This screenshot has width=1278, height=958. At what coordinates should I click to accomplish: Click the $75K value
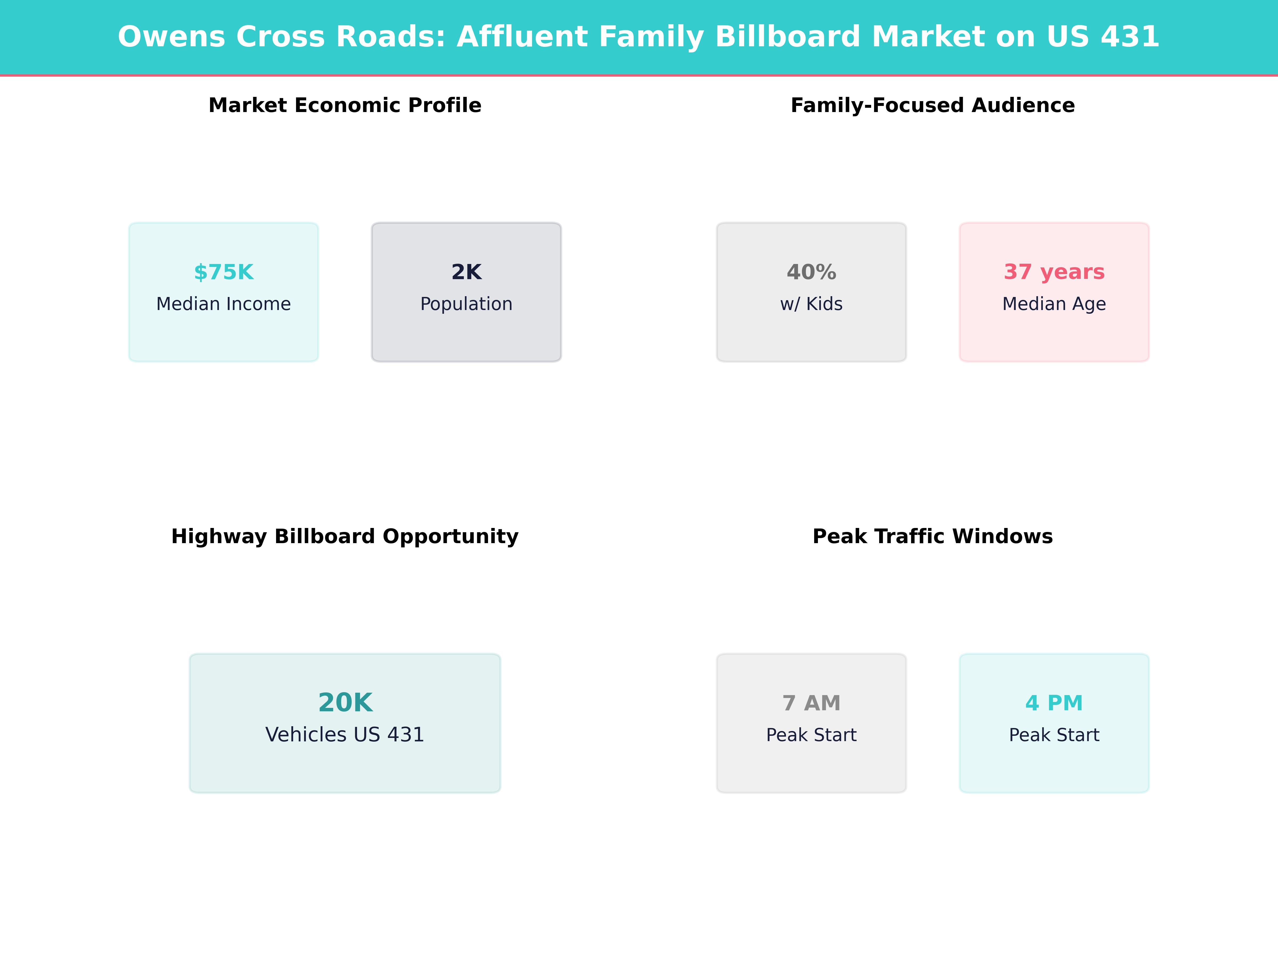pos(224,272)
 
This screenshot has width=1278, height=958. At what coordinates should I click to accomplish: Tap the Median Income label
pos(224,304)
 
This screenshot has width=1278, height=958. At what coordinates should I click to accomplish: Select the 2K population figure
pos(466,272)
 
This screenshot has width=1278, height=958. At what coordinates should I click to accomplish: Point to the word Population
pos(466,304)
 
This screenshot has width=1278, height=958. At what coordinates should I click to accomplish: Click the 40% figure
pos(811,272)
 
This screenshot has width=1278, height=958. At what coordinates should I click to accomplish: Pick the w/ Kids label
pos(811,304)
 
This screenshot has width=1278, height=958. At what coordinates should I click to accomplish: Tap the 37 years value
pos(1054,272)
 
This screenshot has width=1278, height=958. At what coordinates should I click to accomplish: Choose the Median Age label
pos(1054,304)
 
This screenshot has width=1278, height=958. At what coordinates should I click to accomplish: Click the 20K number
pos(345,703)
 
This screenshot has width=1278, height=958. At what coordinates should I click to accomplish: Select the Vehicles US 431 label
pos(345,734)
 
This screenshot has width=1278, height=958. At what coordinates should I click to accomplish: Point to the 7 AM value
pos(811,703)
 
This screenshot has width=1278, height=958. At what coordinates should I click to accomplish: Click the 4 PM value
pos(1054,703)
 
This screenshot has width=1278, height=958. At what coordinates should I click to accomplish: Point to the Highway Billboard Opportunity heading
pos(345,536)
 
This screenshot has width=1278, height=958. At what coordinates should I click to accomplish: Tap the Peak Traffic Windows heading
pos(932,536)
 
